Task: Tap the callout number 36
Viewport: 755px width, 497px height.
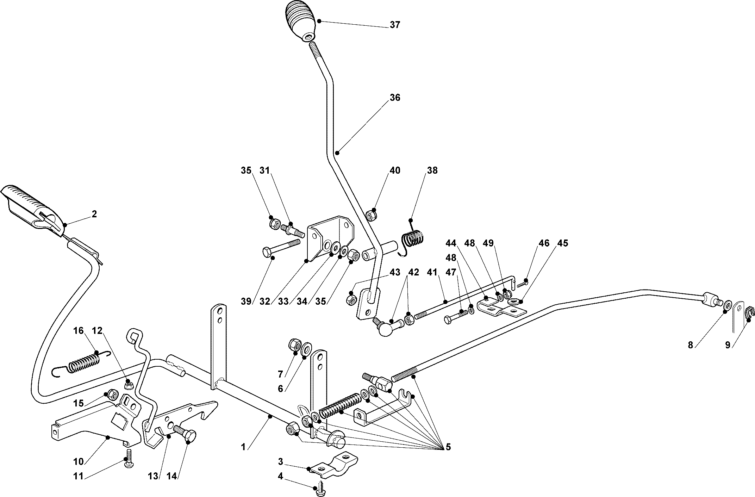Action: (x=395, y=98)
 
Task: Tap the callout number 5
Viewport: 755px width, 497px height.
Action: (x=448, y=447)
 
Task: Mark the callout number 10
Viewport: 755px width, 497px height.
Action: (x=78, y=461)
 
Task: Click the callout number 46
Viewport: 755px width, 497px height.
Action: (x=544, y=243)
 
